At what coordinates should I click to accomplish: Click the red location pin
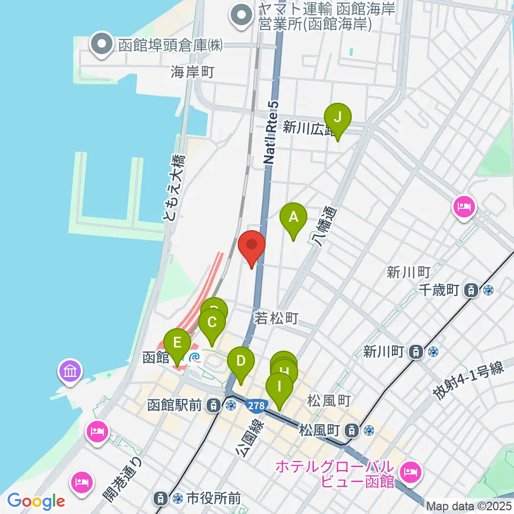251,247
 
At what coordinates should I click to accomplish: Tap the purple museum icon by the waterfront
71,371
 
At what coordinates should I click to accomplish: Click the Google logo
36,501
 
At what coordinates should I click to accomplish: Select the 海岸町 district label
193,71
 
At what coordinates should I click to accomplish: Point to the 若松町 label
276,319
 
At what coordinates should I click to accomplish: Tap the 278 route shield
256,406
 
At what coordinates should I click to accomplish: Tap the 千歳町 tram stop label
439,290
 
